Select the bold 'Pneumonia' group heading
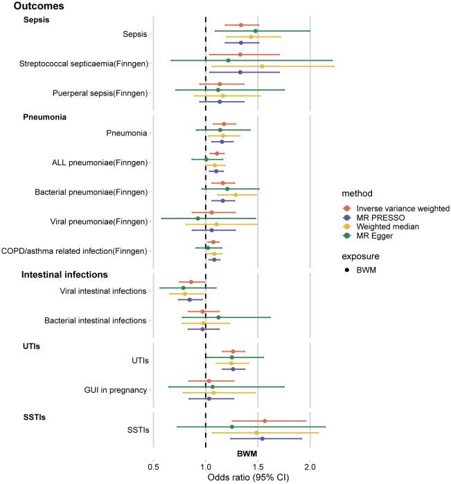click(x=44, y=118)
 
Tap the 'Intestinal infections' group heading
click(x=64, y=274)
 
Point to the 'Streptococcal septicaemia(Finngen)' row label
click(x=84, y=64)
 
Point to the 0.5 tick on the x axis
click(x=153, y=465)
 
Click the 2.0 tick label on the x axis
click(x=310, y=465)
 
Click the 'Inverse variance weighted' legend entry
click(x=402, y=208)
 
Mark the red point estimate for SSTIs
click(x=265, y=420)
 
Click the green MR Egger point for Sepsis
click(x=255, y=31)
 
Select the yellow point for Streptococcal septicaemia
click(x=261, y=66)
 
